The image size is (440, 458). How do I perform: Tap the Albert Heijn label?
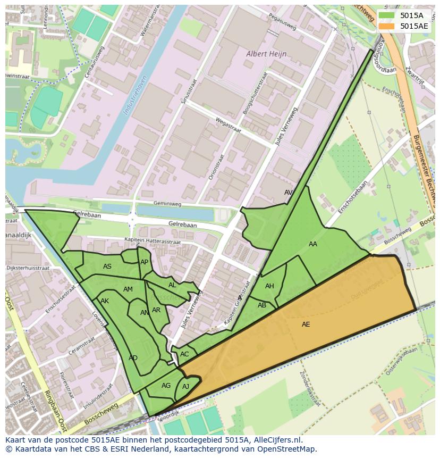point(266,54)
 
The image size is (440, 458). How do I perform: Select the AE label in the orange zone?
point(306,324)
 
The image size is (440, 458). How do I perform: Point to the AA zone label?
point(313,244)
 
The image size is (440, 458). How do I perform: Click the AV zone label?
point(289,193)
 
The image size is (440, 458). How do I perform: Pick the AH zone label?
point(269,286)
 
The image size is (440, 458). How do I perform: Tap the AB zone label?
point(262,305)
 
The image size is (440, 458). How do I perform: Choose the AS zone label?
point(107,267)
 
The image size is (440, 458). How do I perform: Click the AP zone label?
point(144,262)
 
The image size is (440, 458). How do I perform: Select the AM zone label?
point(128,289)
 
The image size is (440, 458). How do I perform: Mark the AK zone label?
point(105,301)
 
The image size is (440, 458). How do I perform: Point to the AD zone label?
point(133,358)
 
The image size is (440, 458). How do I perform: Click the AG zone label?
point(166,386)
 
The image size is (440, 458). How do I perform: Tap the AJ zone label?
point(185,387)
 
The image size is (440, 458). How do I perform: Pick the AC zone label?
point(184,354)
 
